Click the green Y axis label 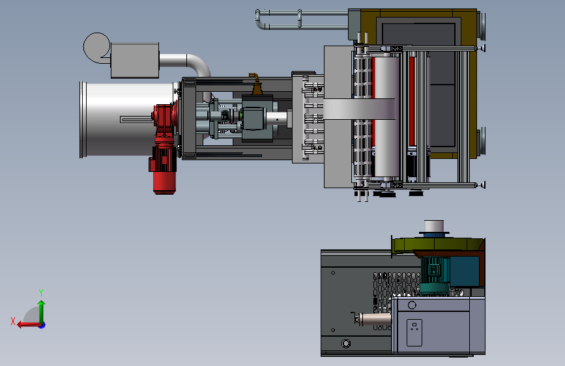pyautogui.click(x=41, y=292)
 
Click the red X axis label pyautogui.click(x=13, y=321)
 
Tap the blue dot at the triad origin pyautogui.click(x=42, y=325)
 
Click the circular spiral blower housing pyautogui.click(x=96, y=48)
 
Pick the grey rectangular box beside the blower pyautogui.click(x=135, y=60)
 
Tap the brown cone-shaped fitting pyautogui.click(x=256, y=85)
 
